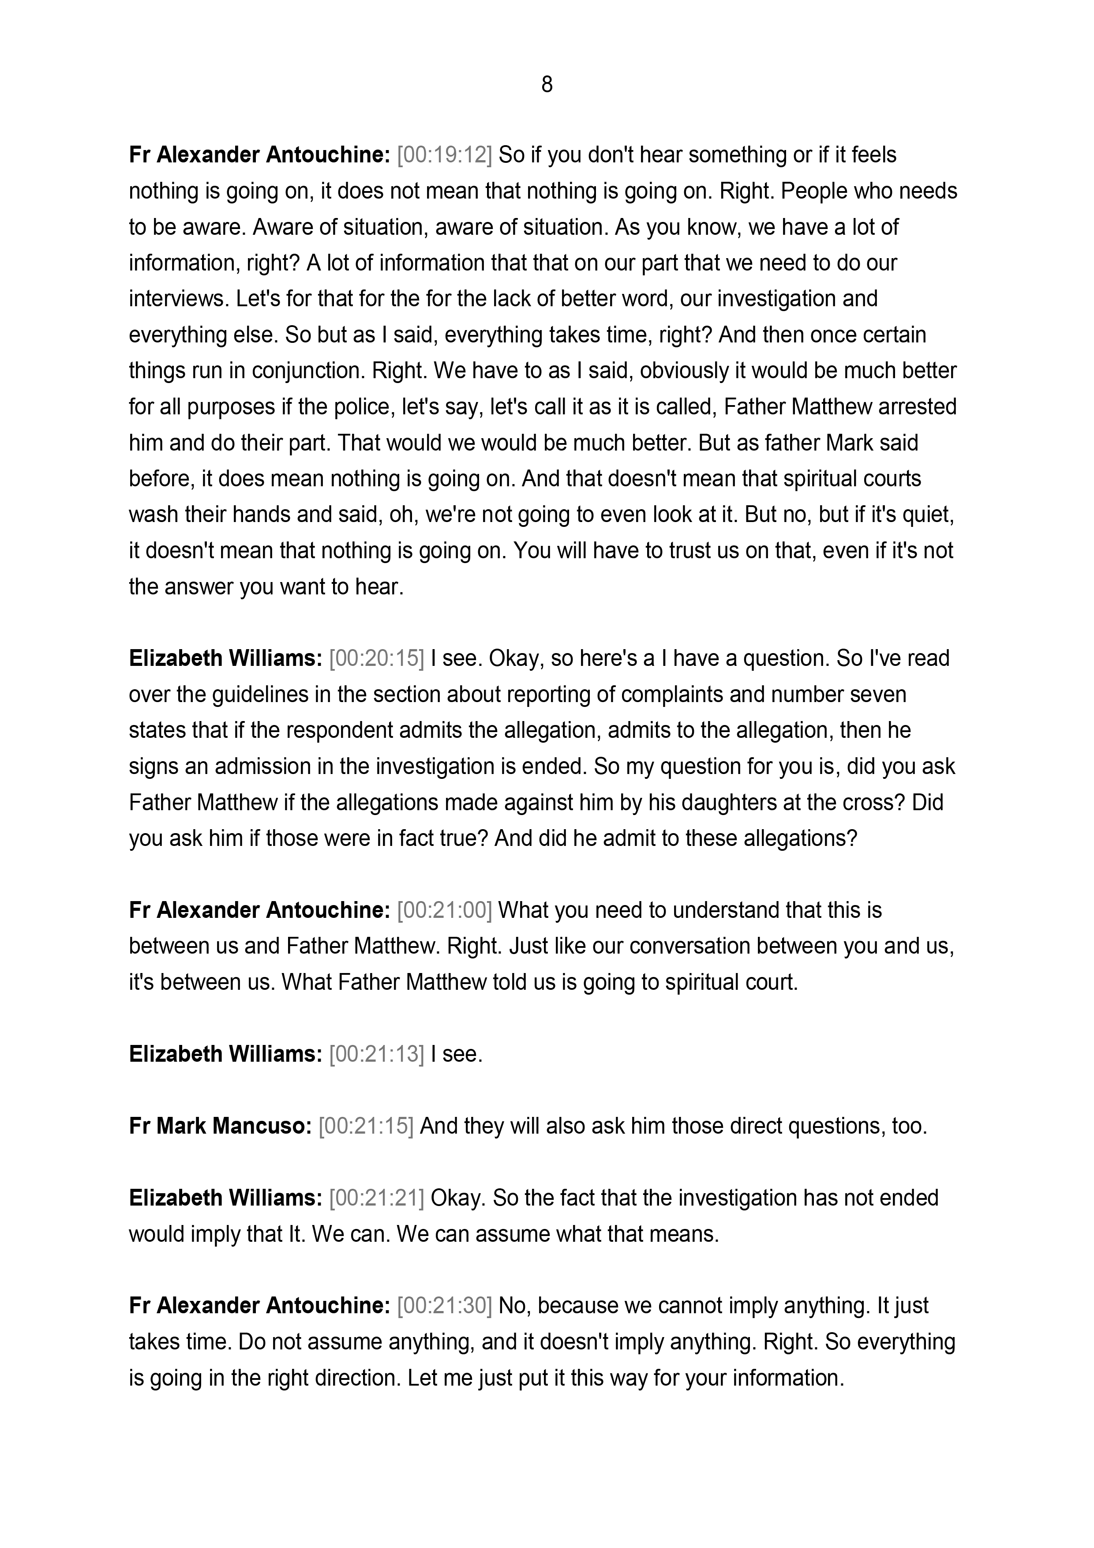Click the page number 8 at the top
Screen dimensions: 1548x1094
[x=547, y=85]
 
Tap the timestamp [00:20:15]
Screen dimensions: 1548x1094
[x=376, y=659]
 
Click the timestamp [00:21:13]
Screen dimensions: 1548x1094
[x=376, y=1055]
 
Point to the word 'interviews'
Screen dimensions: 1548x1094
[x=179, y=299]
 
